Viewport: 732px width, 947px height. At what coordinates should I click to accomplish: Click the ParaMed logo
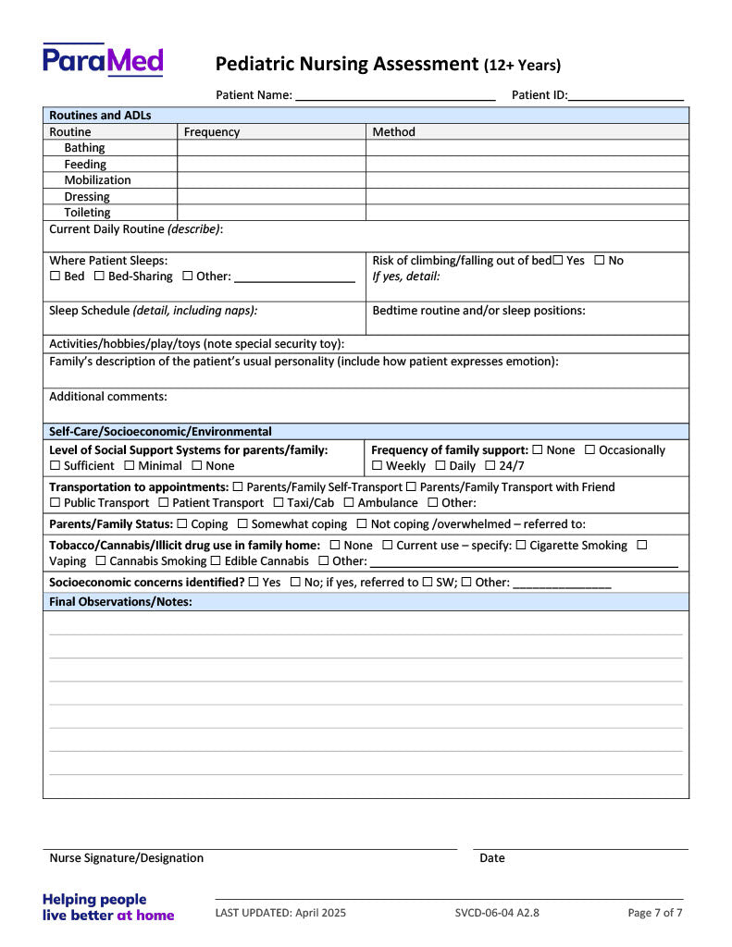[103, 60]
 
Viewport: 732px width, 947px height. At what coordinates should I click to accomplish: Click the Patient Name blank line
[395, 95]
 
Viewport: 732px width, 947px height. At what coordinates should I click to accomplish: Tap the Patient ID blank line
[627, 95]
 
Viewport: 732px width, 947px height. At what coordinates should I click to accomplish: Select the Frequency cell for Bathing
[271, 148]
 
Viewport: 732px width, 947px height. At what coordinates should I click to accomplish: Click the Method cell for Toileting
[527, 213]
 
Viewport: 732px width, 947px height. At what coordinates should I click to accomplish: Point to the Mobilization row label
[97, 180]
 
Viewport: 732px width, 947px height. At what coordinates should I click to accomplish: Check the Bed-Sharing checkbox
[99, 277]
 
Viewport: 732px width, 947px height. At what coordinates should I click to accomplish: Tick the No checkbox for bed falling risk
[600, 261]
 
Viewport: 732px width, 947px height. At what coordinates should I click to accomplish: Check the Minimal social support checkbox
[130, 466]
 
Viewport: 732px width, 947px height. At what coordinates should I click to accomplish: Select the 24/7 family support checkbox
[490, 466]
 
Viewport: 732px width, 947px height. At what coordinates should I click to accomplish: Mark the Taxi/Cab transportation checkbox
[279, 503]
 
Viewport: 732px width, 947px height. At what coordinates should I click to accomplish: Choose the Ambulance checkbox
[349, 503]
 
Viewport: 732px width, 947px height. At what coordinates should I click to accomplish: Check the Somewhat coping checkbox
[242, 524]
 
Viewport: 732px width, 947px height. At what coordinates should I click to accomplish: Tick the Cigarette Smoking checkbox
[521, 546]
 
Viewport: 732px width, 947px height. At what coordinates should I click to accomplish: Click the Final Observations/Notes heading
[120, 602]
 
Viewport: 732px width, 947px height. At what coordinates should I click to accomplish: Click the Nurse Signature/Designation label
[126, 858]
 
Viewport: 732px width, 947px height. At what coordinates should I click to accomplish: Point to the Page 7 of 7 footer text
[654, 913]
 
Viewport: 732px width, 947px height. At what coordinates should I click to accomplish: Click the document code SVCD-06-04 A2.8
[497, 913]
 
